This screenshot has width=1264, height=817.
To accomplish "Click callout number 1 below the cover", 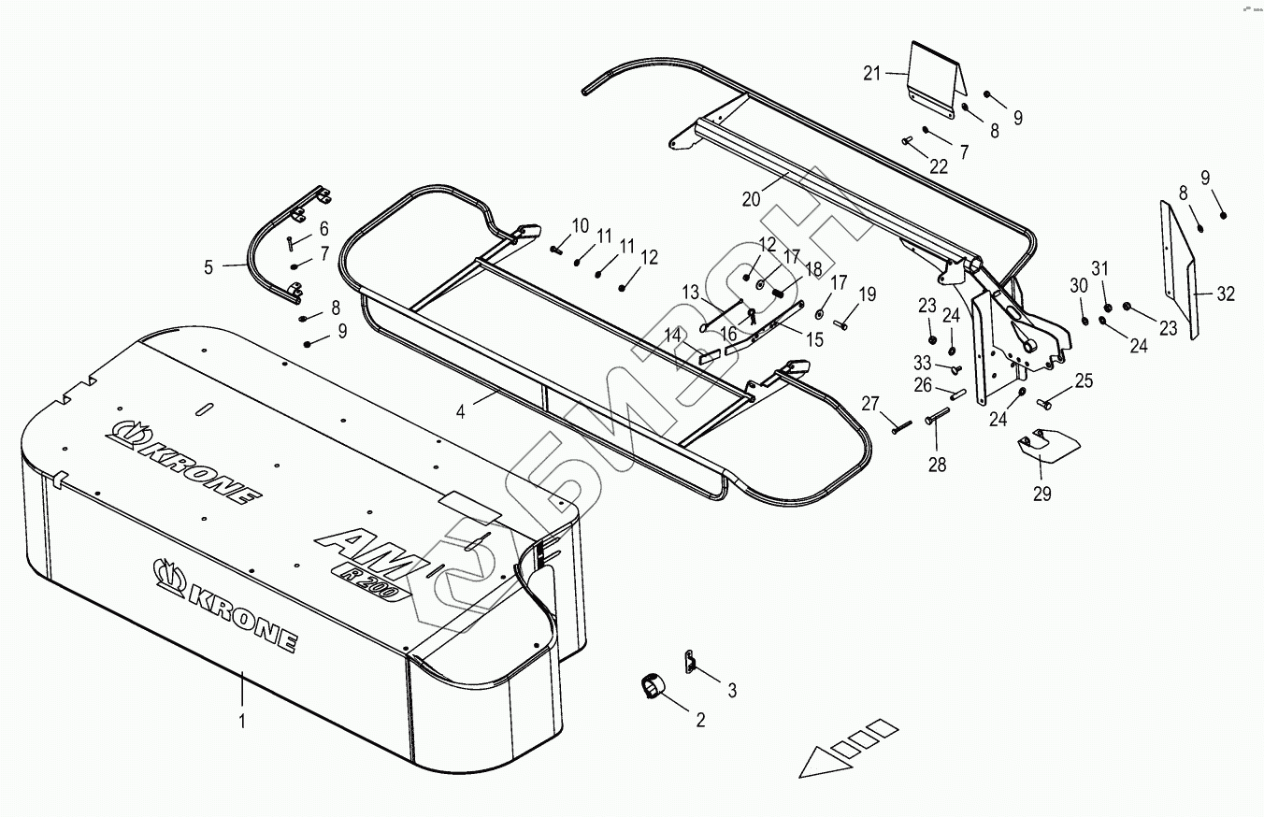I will pyautogui.click(x=242, y=721).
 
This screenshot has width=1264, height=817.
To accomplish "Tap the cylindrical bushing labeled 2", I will pyautogui.click(x=653, y=688).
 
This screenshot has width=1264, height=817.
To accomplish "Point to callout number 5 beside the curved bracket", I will pyautogui.click(x=209, y=267).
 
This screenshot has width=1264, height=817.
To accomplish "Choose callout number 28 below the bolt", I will pyautogui.click(x=937, y=464).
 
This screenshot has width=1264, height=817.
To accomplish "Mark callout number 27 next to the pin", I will pyautogui.click(x=870, y=404).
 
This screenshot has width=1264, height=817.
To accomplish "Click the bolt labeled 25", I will pyautogui.click(x=1046, y=404).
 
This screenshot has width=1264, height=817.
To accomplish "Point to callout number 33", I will pyautogui.click(x=923, y=363).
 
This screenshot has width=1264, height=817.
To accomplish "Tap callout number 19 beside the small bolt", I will pyautogui.click(x=868, y=295).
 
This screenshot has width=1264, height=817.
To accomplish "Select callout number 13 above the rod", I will pyautogui.click(x=690, y=293).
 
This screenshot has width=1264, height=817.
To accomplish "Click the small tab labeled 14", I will pyautogui.click(x=709, y=354).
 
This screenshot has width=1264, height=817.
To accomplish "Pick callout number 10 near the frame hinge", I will pyautogui.click(x=580, y=225).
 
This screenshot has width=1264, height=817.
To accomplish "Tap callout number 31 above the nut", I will pyautogui.click(x=1099, y=268).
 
